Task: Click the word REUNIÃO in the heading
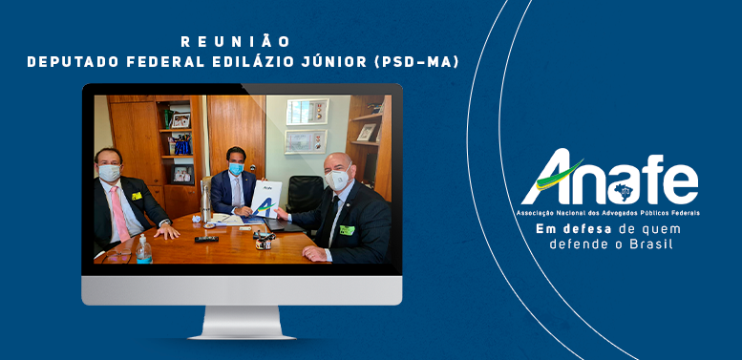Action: click(235, 42)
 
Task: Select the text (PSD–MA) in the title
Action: click(416, 62)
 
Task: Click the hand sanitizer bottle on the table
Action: click(143, 249)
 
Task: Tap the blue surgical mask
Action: click(236, 168)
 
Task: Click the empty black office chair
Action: click(305, 194)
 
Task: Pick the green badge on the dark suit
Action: click(347, 230)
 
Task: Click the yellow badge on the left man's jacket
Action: click(137, 196)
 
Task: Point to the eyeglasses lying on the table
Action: click(116, 257)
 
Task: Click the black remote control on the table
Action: click(207, 239)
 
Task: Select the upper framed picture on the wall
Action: click(307, 111)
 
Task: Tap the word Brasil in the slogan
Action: click(653, 244)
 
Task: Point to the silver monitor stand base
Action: click(242, 324)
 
